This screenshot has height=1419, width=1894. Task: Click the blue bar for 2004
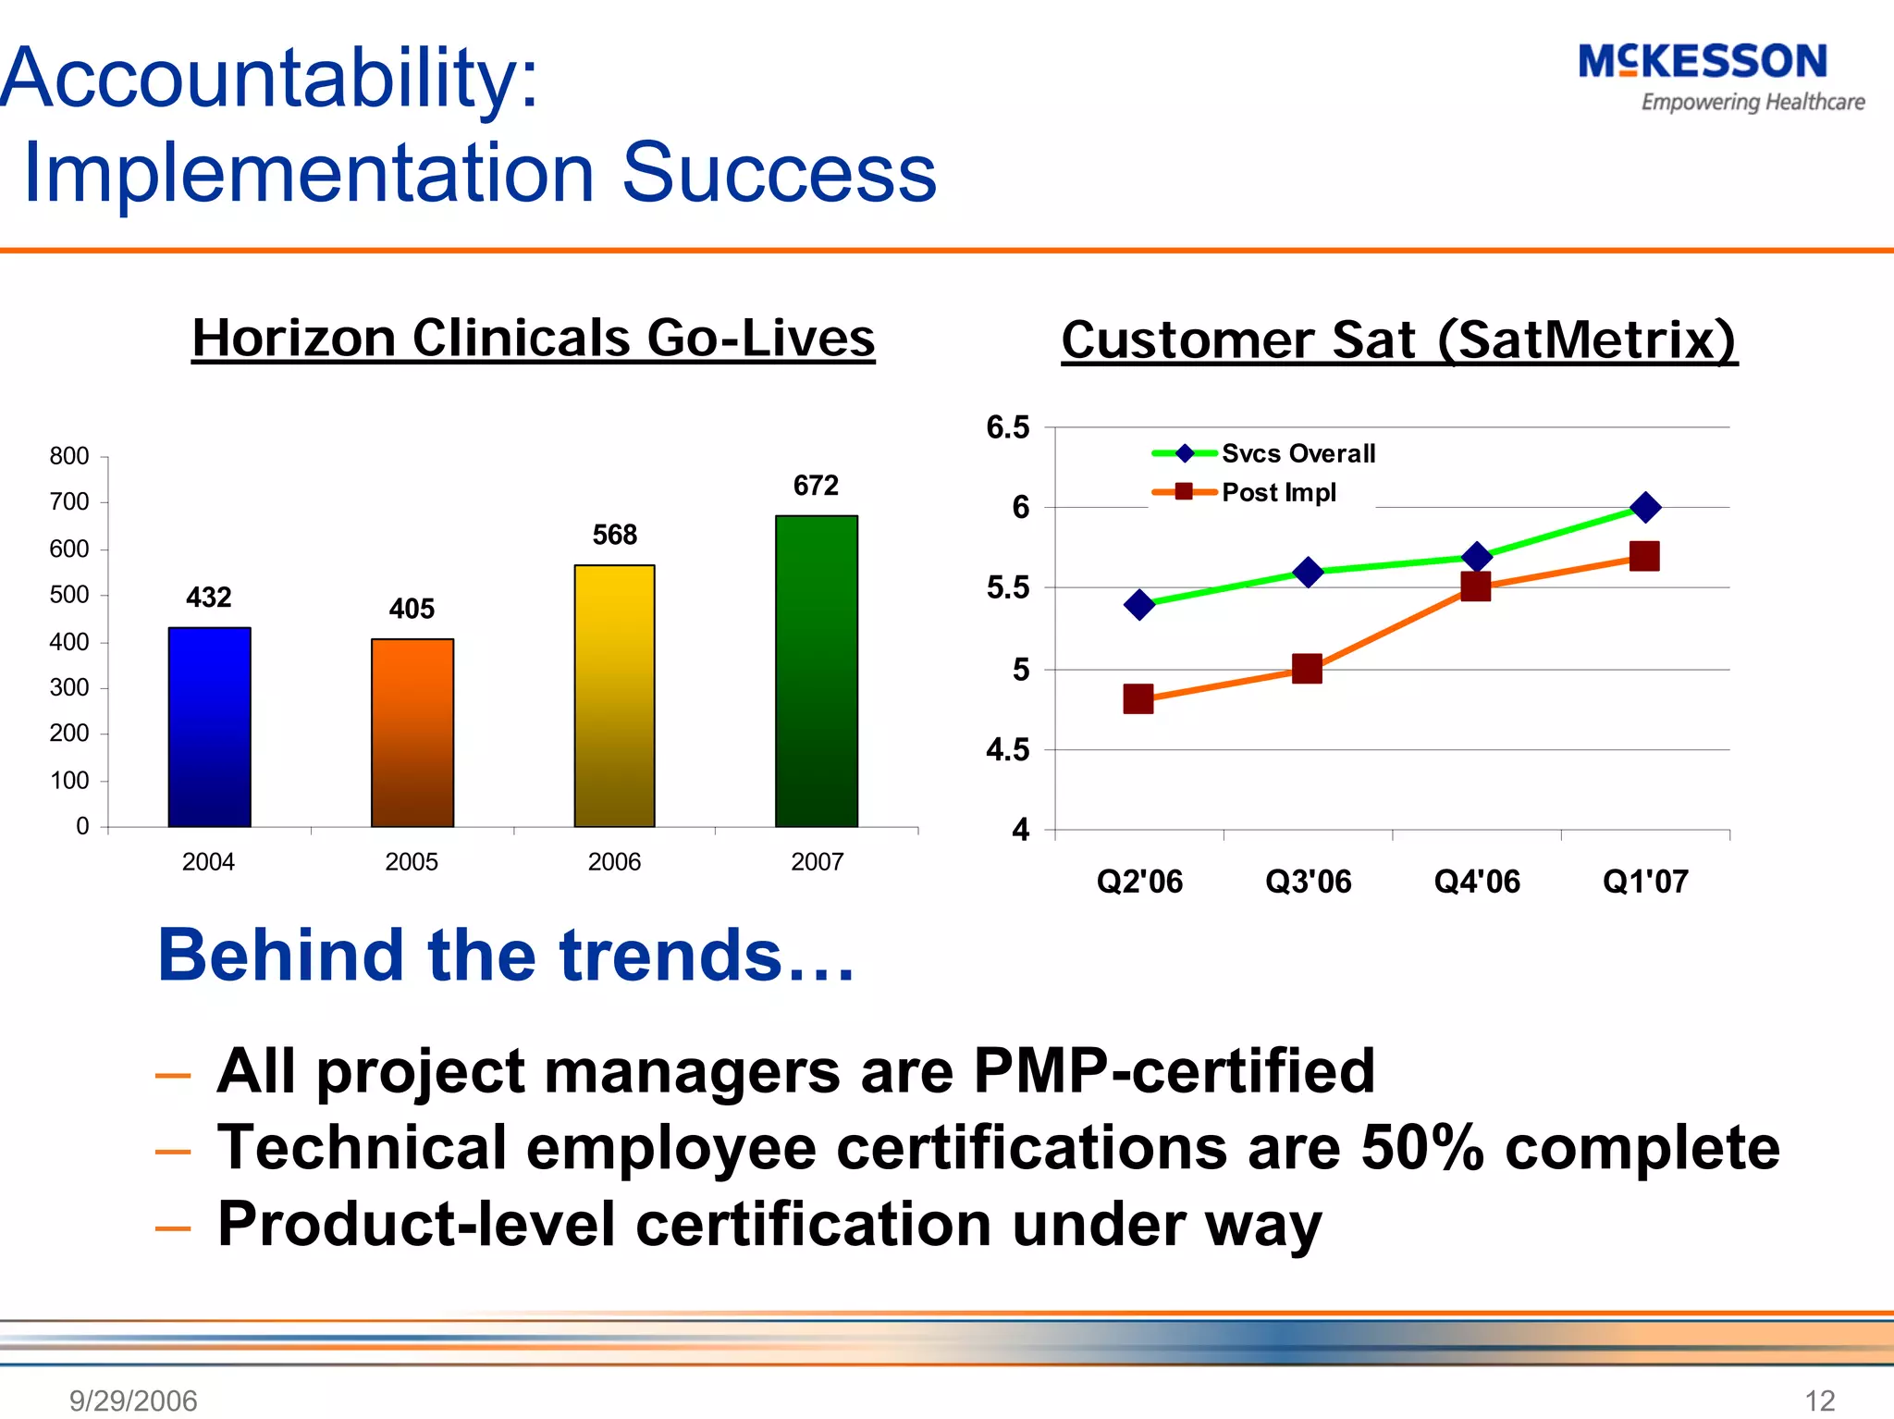pos(209,727)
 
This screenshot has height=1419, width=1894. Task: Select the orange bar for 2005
pos(412,733)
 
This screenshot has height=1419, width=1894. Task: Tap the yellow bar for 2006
pos(614,696)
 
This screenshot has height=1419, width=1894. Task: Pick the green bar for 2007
pos(817,671)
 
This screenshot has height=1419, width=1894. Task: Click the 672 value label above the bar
pos(816,486)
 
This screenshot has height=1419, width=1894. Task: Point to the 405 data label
pos(412,609)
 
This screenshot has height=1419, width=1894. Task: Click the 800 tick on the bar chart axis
pos(69,456)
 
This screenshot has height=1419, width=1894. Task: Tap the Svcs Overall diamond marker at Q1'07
pos(1645,507)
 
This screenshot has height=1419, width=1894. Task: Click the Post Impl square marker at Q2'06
pos(1138,698)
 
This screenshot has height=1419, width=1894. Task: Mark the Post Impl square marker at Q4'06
pos(1476,586)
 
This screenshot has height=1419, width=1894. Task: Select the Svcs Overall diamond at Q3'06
pos(1308,573)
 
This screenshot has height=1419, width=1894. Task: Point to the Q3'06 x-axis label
pos(1308,882)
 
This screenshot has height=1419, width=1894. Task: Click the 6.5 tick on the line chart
pos(1007,427)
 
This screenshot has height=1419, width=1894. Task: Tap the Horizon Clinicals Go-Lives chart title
pos(534,338)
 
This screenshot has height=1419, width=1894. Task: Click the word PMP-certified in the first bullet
pos(1174,1071)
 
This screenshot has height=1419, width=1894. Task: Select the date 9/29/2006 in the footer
pos(133,1400)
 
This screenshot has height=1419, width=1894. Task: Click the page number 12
pos(1819,1400)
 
